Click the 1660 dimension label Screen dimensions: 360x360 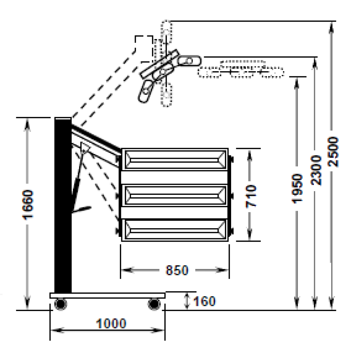(x=28, y=205)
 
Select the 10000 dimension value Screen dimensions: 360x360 (x=111, y=324)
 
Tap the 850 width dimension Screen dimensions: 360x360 (x=177, y=270)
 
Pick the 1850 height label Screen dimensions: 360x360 (x=296, y=189)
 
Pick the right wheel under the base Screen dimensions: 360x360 (x=154, y=305)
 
